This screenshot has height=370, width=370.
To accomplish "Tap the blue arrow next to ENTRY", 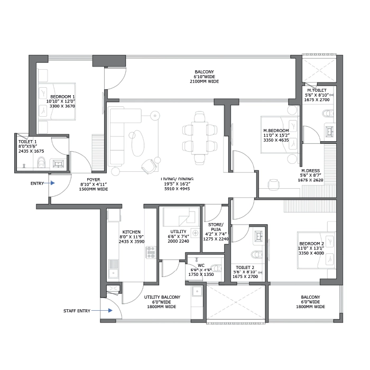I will tap(52, 183).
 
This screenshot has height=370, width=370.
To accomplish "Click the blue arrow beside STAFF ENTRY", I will tap(107, 311).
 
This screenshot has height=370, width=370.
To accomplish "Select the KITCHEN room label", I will tap(131, 232).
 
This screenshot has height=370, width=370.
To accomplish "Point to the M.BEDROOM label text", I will tap(276, 131).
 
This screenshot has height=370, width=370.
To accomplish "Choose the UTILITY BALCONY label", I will tap(162, 297).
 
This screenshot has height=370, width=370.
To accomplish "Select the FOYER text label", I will tap(94, 179).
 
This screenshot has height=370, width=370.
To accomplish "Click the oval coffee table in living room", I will tap(137, 143).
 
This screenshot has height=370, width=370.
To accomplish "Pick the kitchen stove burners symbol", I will tap(151, 253).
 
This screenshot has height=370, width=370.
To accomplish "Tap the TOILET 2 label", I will tap(245, 267).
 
